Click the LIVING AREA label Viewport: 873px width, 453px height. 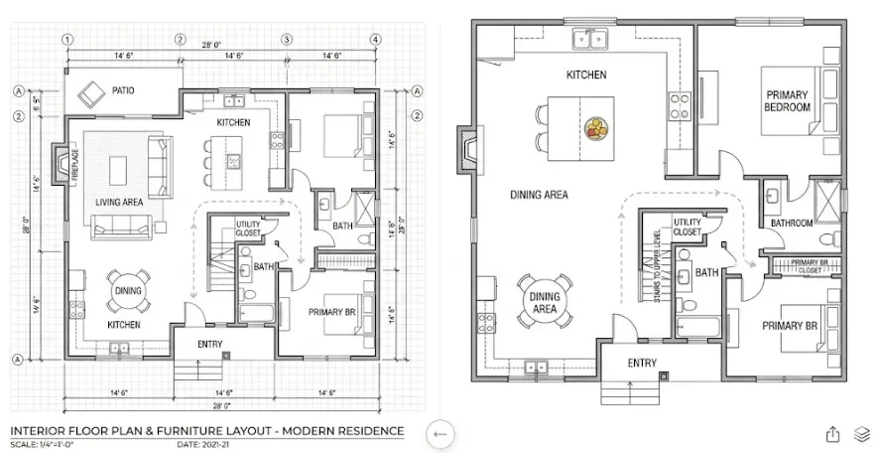[x=121, y=202]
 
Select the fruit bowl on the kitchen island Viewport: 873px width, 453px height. [x=596, y=128]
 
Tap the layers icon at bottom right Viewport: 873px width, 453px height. [x=861, y=433]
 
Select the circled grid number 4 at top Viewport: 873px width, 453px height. [x=376, y=40]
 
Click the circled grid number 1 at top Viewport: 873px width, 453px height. [x=66, y=40]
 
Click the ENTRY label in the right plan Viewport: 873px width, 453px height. [x=642, y=363]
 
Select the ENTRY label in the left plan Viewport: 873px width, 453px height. [x=209, y=345]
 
